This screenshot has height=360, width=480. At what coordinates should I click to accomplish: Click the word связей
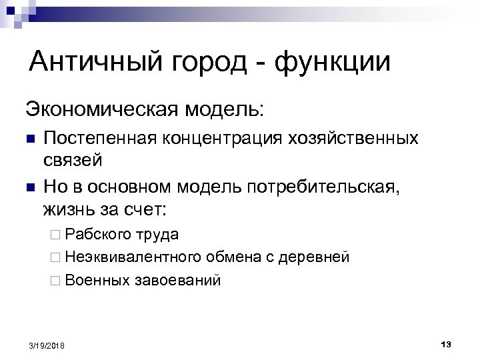coord(72,161)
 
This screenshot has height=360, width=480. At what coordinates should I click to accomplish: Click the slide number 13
coord(446,343)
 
